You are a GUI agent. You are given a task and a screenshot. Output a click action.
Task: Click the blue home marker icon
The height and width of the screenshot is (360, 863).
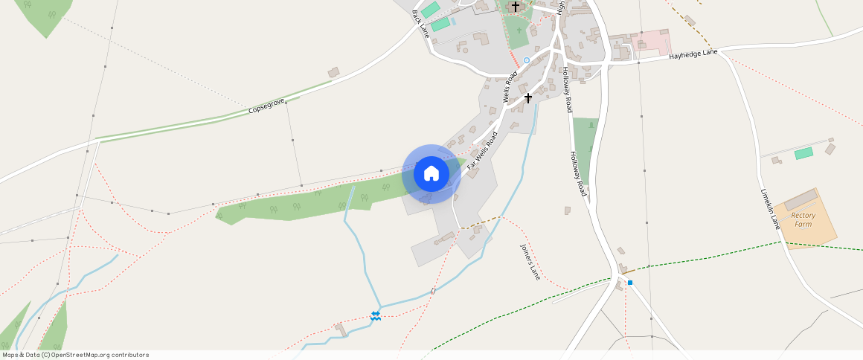[431, 174]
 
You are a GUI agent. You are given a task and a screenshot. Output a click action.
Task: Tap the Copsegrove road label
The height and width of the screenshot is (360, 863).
[267, 108]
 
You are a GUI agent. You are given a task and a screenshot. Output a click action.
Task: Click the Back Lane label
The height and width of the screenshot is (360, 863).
[421, 23]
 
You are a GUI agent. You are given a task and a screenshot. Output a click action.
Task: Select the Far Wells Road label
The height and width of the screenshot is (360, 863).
[482, 149]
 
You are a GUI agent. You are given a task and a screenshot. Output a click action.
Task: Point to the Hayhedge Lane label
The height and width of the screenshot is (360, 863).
[693, 55]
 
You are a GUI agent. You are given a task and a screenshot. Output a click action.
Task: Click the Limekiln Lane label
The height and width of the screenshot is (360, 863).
[769, 208]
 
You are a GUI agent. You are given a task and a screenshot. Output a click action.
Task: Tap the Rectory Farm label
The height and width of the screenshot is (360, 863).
[803, 219]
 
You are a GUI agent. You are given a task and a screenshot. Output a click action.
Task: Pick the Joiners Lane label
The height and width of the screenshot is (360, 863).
[530, 261]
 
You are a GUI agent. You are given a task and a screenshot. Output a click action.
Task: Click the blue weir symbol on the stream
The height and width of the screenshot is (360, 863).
[376, 316]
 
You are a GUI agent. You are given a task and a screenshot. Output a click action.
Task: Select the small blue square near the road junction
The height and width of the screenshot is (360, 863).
[630, 283]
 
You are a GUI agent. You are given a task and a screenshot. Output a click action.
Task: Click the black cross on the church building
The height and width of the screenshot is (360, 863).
[515, 7]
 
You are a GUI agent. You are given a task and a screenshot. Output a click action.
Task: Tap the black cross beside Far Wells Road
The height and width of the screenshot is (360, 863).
[528, 97]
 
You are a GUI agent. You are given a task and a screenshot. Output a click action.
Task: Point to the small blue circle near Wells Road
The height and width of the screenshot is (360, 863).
[527, 60]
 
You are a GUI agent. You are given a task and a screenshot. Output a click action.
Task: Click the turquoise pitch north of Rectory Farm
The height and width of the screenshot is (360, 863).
[803, 153]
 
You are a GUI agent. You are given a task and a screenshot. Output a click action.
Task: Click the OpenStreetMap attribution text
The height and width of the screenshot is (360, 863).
[75, 355]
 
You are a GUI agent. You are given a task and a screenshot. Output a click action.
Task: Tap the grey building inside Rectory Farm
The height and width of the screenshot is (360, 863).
[800, 199]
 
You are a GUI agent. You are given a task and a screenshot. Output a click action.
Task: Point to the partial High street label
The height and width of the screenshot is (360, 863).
[561, 7]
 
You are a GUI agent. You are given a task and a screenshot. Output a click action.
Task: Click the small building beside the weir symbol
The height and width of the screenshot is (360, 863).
[341, 327]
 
